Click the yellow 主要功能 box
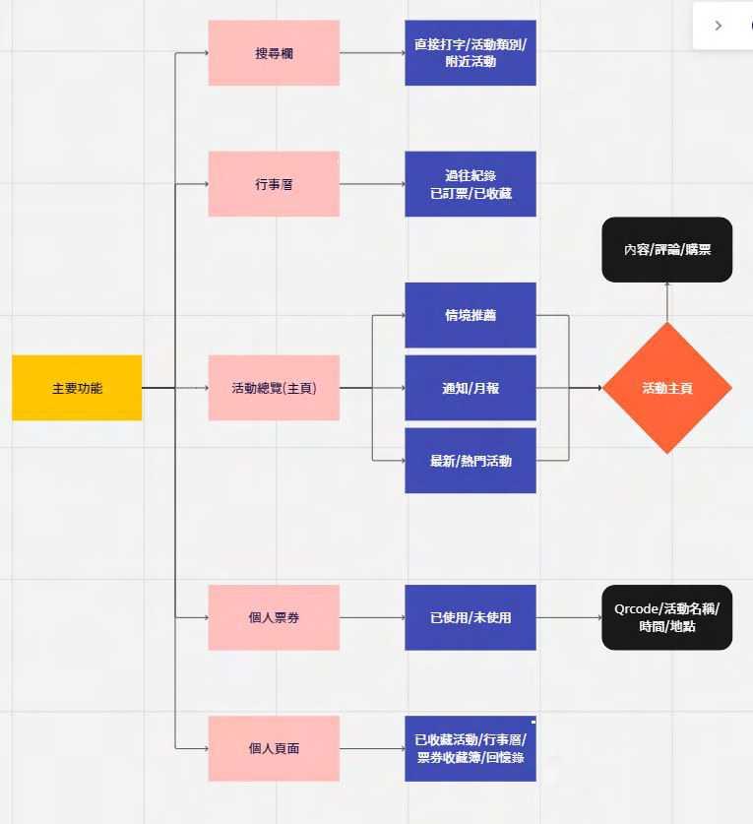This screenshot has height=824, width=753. click(77, 388)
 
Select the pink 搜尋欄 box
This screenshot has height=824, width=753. click(274, 53)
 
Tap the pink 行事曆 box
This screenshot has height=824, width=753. click(274, 184)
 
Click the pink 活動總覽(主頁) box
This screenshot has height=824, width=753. click(274, 388)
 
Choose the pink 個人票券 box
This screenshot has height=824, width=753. click(274, 617)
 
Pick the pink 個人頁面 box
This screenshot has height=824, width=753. click(274, 748)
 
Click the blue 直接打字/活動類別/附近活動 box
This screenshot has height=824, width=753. click(471, 53)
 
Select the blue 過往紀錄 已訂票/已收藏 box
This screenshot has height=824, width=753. click(471, 184)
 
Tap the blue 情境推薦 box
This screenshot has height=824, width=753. click(471, 315)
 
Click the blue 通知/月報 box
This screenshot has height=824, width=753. click(471, 388)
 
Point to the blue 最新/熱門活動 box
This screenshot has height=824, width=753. click(471, 460)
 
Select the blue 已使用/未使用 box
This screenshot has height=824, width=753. click(471, 617)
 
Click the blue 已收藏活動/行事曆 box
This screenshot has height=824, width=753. click(471, 748)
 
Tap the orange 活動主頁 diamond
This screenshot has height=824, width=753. click(667, 388)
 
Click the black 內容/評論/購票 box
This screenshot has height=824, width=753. click(667, 249)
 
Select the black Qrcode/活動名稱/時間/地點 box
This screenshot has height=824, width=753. click(667, 617)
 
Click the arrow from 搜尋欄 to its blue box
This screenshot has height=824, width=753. click(372, 53)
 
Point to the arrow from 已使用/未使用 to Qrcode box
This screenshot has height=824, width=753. click(569, 617)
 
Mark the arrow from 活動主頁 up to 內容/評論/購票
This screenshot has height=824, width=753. click(667, 301)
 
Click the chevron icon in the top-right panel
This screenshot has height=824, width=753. click(719, 26)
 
